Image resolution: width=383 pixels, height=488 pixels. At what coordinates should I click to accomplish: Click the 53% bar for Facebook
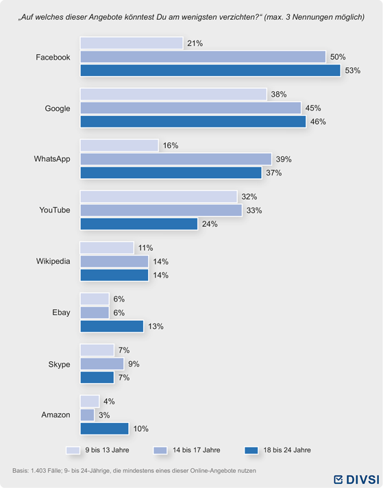(210, 71)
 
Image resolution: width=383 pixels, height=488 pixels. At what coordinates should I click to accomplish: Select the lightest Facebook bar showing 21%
(132, 43)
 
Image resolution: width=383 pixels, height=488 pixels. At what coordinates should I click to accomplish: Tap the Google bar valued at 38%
(173, 95)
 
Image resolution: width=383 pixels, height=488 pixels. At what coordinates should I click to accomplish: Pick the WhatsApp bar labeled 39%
(176, 159)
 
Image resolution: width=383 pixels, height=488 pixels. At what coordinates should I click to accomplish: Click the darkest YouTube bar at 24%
(139, 224)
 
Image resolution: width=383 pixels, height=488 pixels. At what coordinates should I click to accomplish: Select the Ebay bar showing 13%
(112, 326)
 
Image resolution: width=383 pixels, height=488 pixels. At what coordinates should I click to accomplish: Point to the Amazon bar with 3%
(87, 415)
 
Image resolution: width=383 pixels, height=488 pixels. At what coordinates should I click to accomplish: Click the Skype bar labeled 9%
(102, 364)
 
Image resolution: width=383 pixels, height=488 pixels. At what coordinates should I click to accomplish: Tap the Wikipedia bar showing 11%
(107, 247)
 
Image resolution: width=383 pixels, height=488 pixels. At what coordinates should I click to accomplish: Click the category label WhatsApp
(52, 159)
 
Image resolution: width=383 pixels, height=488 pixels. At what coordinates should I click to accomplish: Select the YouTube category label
(54, 210)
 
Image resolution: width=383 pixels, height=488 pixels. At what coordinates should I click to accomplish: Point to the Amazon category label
(55, 415)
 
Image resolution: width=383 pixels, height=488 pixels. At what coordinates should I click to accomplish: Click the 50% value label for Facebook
(338, 57)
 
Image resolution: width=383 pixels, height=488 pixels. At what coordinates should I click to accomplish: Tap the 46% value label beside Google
(318, 122)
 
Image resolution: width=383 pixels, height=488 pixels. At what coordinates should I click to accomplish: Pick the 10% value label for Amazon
(141, 429)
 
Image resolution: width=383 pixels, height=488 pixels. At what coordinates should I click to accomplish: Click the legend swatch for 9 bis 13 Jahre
(73, 450)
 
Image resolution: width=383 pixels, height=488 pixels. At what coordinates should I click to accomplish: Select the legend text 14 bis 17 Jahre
(197, 450)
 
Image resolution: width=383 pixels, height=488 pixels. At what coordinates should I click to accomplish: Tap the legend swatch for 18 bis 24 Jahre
(251, 450)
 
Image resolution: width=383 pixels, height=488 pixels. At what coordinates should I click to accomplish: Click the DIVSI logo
(356, 479)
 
